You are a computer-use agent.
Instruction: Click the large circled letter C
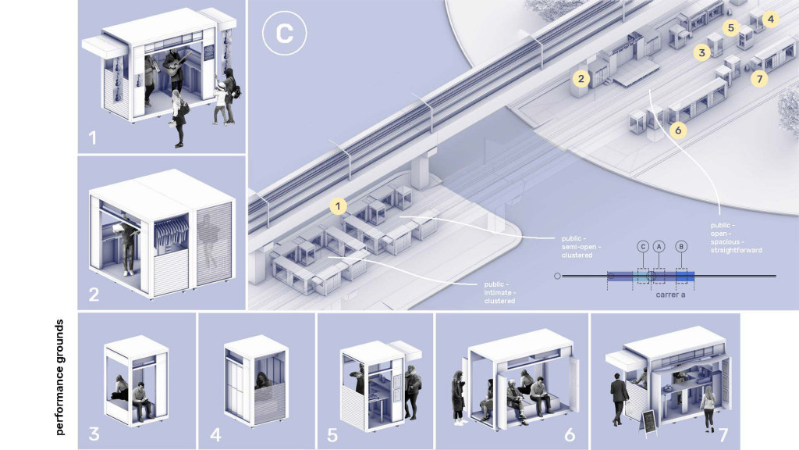[x=284, y=33]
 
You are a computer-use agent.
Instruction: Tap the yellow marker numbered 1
[x=338, y=206]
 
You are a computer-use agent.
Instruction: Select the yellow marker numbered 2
[x=581, y=79]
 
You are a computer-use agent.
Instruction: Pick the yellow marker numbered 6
[x=678, y=130]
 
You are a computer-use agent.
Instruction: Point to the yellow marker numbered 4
[x=770, y=20]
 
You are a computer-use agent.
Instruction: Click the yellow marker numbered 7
[x=760, y=79]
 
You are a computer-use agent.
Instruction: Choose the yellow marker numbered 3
[x=702, y=52]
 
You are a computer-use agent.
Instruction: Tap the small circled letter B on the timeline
[x=681, y=247]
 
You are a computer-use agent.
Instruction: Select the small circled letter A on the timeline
[x=659, y=247]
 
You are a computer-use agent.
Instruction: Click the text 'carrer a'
[x=670, y=295]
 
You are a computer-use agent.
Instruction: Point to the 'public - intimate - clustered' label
[x=500, y=292]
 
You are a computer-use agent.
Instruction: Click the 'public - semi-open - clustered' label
[x=581, y=246]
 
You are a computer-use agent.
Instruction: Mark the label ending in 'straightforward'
[x=737, y=237]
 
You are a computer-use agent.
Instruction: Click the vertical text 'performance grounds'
[x=60, y=377]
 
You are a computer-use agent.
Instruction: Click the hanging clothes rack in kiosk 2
[x=171, y=231]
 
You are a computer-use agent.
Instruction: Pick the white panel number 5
[x=332, y=434]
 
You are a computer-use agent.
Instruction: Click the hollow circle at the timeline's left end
[x=557, y=276]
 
